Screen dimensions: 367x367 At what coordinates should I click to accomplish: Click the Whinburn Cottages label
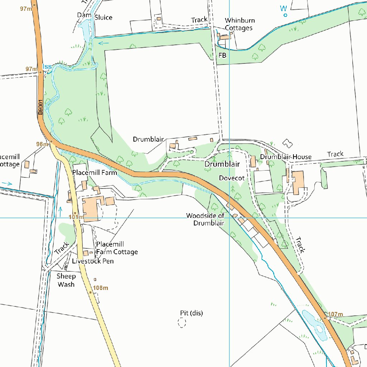[x=239, y=24]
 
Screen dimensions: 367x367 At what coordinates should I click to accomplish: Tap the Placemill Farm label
[x=95, y=173]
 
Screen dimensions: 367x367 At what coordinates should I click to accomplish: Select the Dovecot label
[x=232, y=178]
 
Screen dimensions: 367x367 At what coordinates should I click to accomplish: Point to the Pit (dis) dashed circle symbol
[x=182, y=323]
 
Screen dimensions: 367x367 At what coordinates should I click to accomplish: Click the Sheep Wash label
[x=66, y=280]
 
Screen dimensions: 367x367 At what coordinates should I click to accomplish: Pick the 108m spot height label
[x=100, y=288]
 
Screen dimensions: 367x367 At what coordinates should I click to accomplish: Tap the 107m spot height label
[x=335, y=315]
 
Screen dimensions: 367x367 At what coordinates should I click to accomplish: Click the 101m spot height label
[x=76, y=217]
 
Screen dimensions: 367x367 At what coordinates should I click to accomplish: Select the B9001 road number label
[x=40, y=107]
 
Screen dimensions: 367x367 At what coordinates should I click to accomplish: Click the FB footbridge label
[x=222, y=55]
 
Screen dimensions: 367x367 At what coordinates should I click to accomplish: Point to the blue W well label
[x=284, y=8]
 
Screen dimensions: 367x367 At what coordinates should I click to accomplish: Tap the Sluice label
[x=103, y=18]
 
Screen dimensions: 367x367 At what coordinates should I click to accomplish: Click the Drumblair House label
[x=286, y=157]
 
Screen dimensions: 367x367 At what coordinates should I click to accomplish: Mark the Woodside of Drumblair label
[x=205, y=219]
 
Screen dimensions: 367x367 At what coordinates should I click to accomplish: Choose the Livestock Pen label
[x=93, y=261]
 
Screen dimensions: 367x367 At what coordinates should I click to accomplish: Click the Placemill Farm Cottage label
[x=117, y=248]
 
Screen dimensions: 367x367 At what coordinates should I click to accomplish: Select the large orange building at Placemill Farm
[x=90, y=210]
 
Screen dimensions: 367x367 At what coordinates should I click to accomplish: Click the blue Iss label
[x=47, y=67]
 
